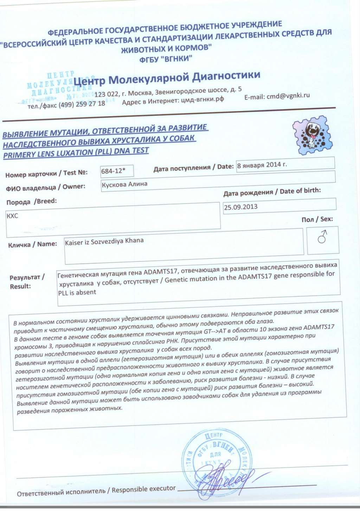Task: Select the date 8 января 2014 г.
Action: [x=262, y=164]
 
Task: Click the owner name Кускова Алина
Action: [x=124, y=184]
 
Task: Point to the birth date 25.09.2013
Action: [x=241, y=207]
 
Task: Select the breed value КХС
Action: [x=12, y=216]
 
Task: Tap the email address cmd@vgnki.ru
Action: [x=288, y=96]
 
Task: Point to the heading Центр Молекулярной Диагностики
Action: [x=167, y=78]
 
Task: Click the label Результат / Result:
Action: [x=27, y=282]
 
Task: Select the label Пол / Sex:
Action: [x=317, y=219]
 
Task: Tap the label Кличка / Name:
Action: [x=32, y=244]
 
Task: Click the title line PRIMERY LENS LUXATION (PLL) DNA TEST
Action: [x=76, y=153]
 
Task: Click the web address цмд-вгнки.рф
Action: [x=202, y=99]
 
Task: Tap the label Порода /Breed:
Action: [x=31, y=202]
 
